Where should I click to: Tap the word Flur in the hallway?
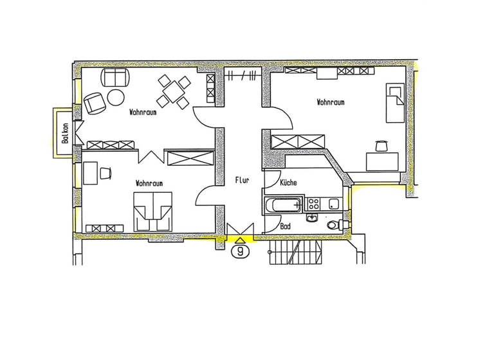[x=241, y=181]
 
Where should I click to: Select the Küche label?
[x=289, y=183]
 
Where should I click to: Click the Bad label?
[x=287, y=226]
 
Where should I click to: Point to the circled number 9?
[x=241, y=251]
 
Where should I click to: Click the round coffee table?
[x=116, y=97]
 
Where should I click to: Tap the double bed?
[x=153, y=211]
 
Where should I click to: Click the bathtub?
[x=282, y=206]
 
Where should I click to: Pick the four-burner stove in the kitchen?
[x=315, y=204]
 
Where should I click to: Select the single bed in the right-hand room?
[x=394, y=103]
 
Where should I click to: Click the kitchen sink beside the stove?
[x=333, y=204]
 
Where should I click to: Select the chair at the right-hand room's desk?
[x=381, y=146]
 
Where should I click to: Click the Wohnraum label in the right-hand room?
[x=330, y=102]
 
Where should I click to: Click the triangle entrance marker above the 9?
[x=241, y=240]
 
